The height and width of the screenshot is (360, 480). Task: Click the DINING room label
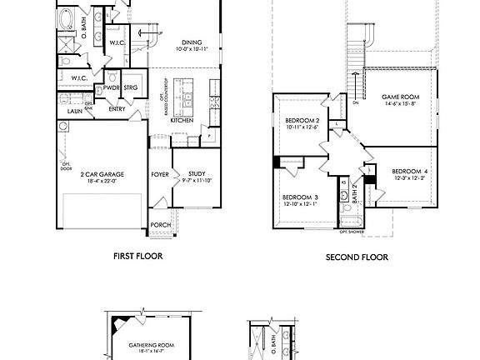click(191, 42)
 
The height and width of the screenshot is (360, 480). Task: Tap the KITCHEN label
click(182, 119)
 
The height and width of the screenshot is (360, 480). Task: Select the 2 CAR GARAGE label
click(102, 174)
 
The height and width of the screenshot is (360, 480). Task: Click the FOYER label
click(160, 174)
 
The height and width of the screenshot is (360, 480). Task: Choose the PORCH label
click(161, 225)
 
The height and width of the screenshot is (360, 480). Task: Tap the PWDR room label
click(111, 87)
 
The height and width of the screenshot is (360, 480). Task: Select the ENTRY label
click(117, 108)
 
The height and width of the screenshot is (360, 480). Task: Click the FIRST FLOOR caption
click(137, 257)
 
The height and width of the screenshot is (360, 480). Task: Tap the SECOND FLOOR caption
click(357, 257)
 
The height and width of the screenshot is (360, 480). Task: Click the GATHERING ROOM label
click(151, 345)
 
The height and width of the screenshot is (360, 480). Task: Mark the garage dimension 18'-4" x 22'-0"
click(102, 181)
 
